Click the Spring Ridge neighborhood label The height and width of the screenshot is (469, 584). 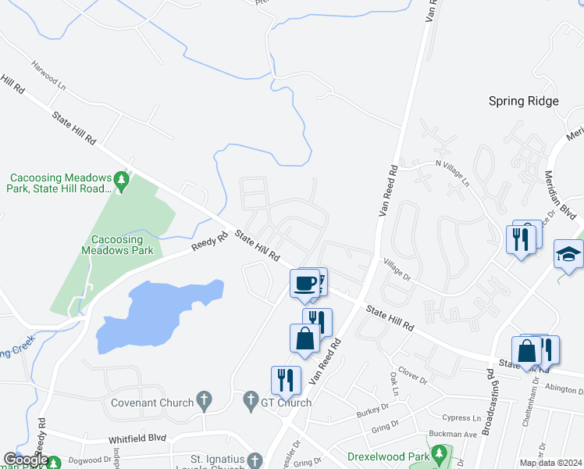524,101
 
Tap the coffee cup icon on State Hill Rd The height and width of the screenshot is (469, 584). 304,283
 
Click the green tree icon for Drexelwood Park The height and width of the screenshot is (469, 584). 440,453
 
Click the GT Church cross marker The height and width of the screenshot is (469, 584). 251,402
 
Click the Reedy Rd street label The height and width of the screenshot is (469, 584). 210,240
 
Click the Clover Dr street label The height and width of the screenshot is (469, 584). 412,376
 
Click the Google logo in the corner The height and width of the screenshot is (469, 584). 26,460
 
